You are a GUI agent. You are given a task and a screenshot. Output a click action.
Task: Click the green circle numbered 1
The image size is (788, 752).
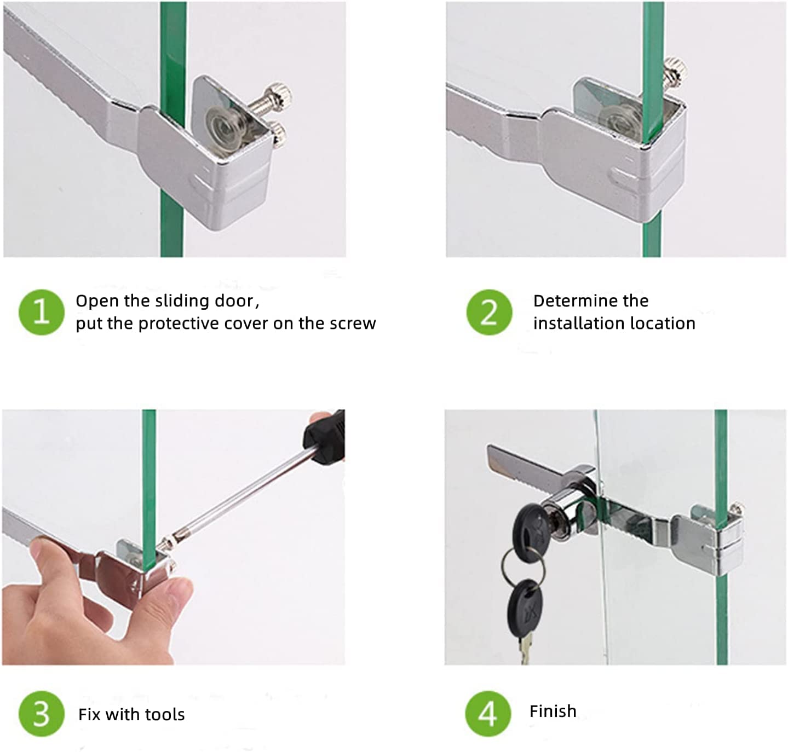point(42,312)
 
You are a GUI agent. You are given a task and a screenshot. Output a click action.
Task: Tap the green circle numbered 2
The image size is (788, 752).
point(489,312)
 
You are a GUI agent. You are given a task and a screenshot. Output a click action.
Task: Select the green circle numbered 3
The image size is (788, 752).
point(42,714)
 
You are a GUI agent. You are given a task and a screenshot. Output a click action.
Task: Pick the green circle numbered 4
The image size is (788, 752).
point(488,714)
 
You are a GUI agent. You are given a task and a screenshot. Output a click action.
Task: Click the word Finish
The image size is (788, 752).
point(553,711)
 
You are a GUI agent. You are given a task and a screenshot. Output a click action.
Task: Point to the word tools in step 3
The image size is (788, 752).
point(165,715)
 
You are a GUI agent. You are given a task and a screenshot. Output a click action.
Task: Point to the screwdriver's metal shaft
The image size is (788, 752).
point(238,498)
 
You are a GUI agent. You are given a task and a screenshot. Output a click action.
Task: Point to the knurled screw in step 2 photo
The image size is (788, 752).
point(674,73)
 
